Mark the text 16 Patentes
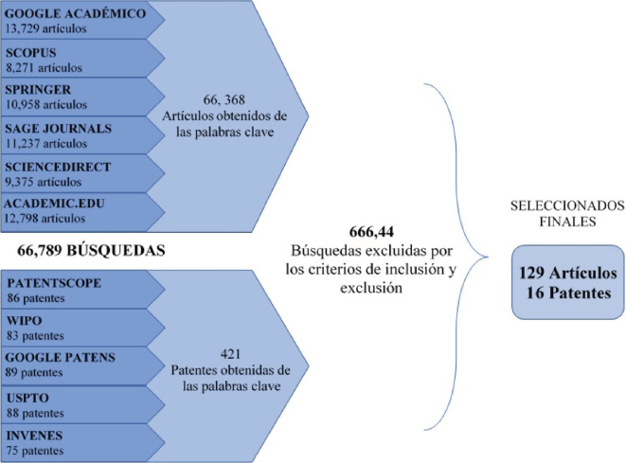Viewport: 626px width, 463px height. [x=563, y=293]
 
